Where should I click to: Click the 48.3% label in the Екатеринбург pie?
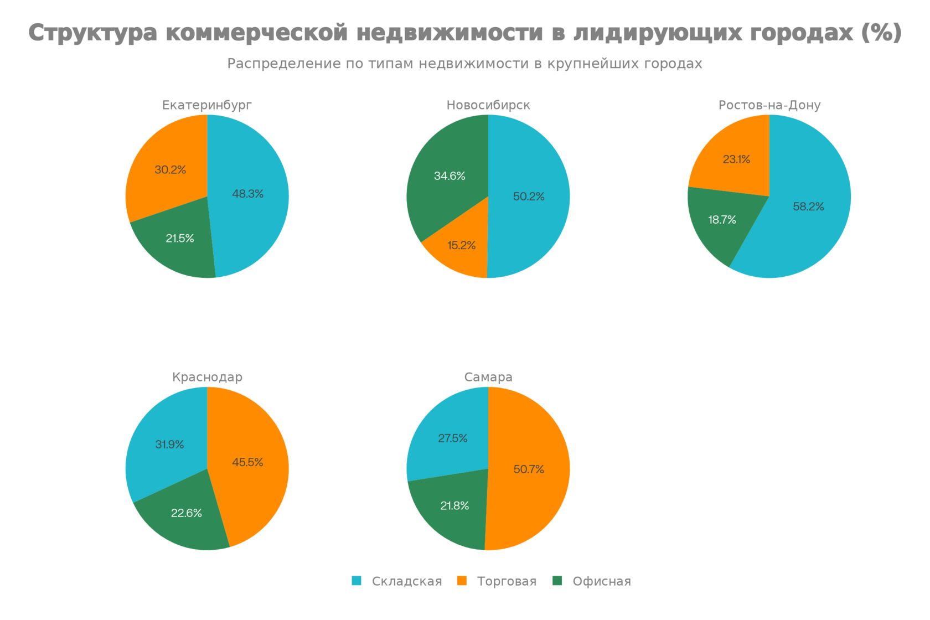click(x=248, y=194)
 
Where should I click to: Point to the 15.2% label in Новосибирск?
click(x=461, y=245)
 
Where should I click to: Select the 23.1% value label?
click(x=736, y=159)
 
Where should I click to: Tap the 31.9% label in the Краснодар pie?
click(x=169, y=445)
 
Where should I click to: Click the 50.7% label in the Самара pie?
click(x=529, y=469)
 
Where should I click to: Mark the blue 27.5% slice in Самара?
click(x=448, y=437)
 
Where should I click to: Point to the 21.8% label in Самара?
click(x=454, y=505)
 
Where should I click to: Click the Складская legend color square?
click(x=356, y=581)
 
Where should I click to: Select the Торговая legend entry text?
click(x=507, y=581)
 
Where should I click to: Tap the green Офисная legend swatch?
click(x=557, y=581)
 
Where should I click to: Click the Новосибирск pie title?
click(x=488, y=105)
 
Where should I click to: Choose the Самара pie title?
click(x=488, y=377)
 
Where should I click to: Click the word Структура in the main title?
click(x=92, y=33)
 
